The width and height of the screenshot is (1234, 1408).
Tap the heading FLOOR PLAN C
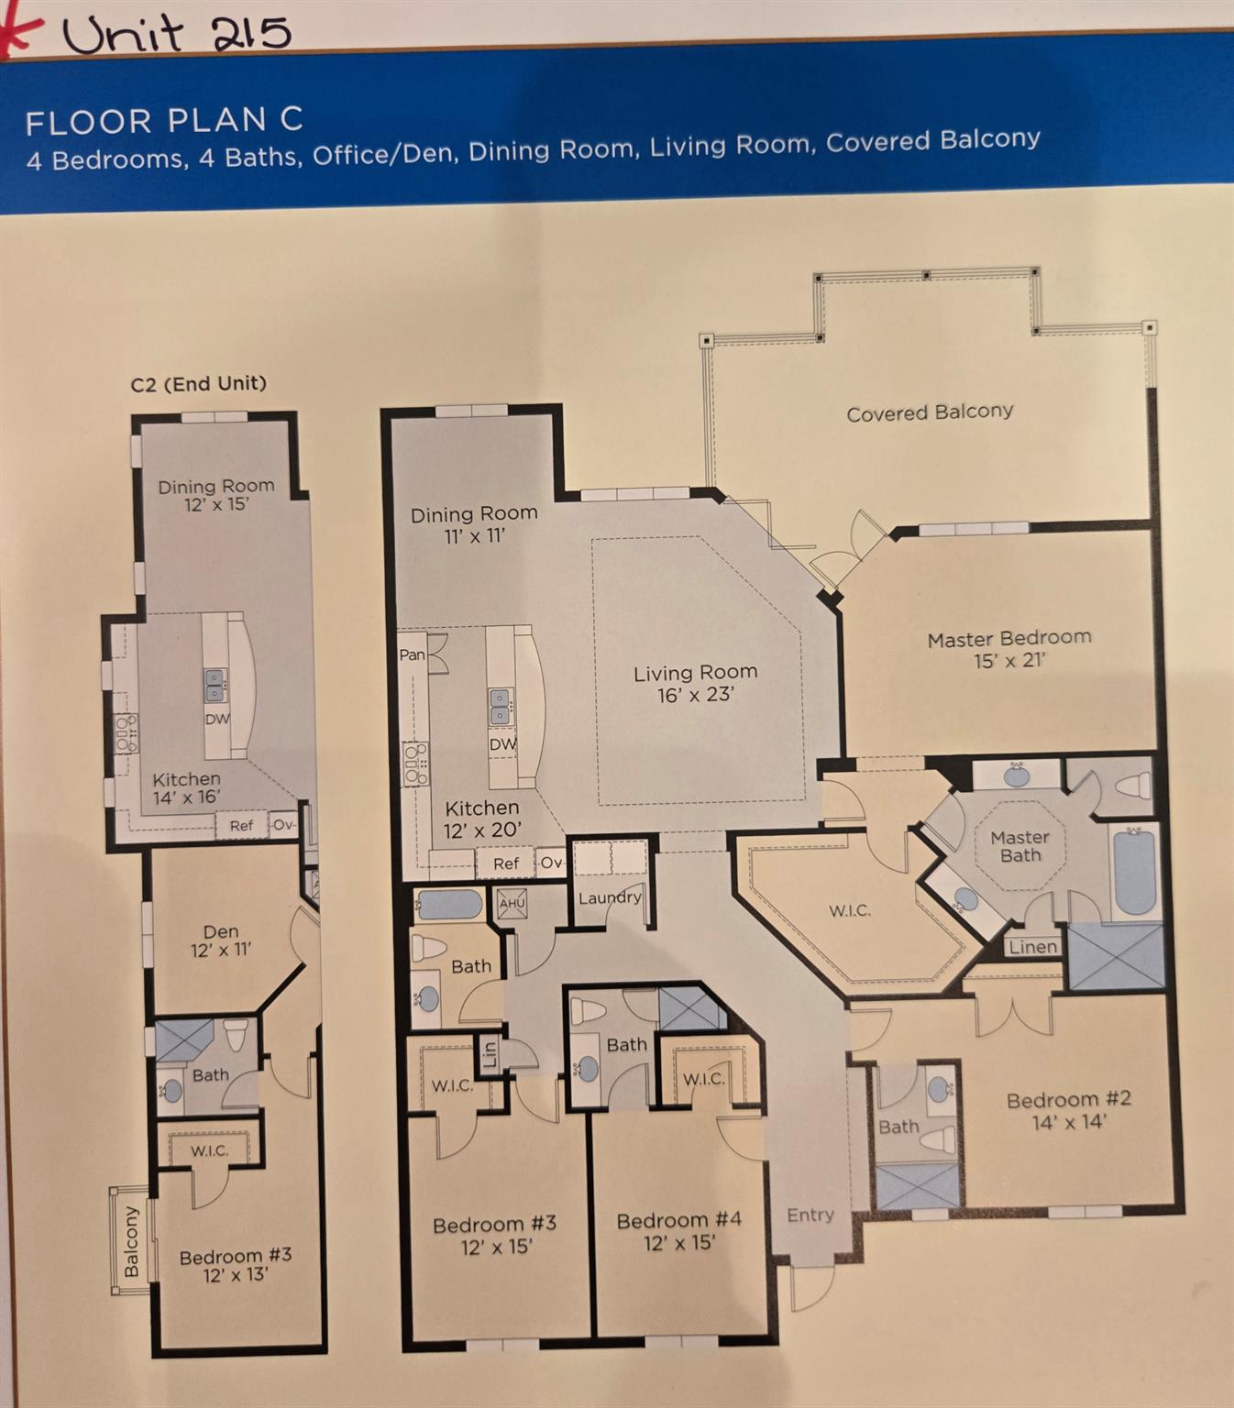pyautogui.click(x=164, y=121)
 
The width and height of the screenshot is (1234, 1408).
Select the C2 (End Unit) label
pyautogui.click(x=198, y=383)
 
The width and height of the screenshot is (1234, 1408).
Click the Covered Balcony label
pyautogui.click(x=929, y=412)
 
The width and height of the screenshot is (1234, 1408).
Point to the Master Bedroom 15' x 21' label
pyautogui.click(x=1008, y=648)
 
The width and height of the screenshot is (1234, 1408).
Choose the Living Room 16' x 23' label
pyautogui.click(x=695, y=684)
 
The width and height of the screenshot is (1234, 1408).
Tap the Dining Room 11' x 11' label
pyautogui.click(x=474, y=524)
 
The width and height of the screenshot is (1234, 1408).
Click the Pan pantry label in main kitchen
pyautogui.click(x=413, y=654)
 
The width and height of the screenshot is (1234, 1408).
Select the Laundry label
pyautogui.click(x=609, y=897)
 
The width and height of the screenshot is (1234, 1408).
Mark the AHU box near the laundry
pyautogui.click(x=512, y=903)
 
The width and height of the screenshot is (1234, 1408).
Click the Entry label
pyautogui.click(x=810, y=1215)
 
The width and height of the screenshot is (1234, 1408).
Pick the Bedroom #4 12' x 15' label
pyautogui.click(x=678, y=1231)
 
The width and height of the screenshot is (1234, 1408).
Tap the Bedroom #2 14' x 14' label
pyautogui.click(x=1068, y=1109)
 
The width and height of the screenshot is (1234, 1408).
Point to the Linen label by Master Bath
pyautogui.click(x=1032, y=947)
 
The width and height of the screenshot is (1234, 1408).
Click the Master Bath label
pyautogui.click(x=1019, y=845)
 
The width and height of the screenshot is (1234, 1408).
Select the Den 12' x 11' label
pyautogui.click(x=221, y=940)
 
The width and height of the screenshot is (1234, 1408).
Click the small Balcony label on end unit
pyautogui.click(x=131, y=1241)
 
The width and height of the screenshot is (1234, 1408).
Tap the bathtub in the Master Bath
pyautogui.click(x=1135, y=870)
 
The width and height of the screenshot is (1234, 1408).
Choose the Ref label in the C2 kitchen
pyautogui.click(x=241, y=825)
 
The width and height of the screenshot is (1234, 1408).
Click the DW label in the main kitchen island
pyautogui.click(x=501, y=744)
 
